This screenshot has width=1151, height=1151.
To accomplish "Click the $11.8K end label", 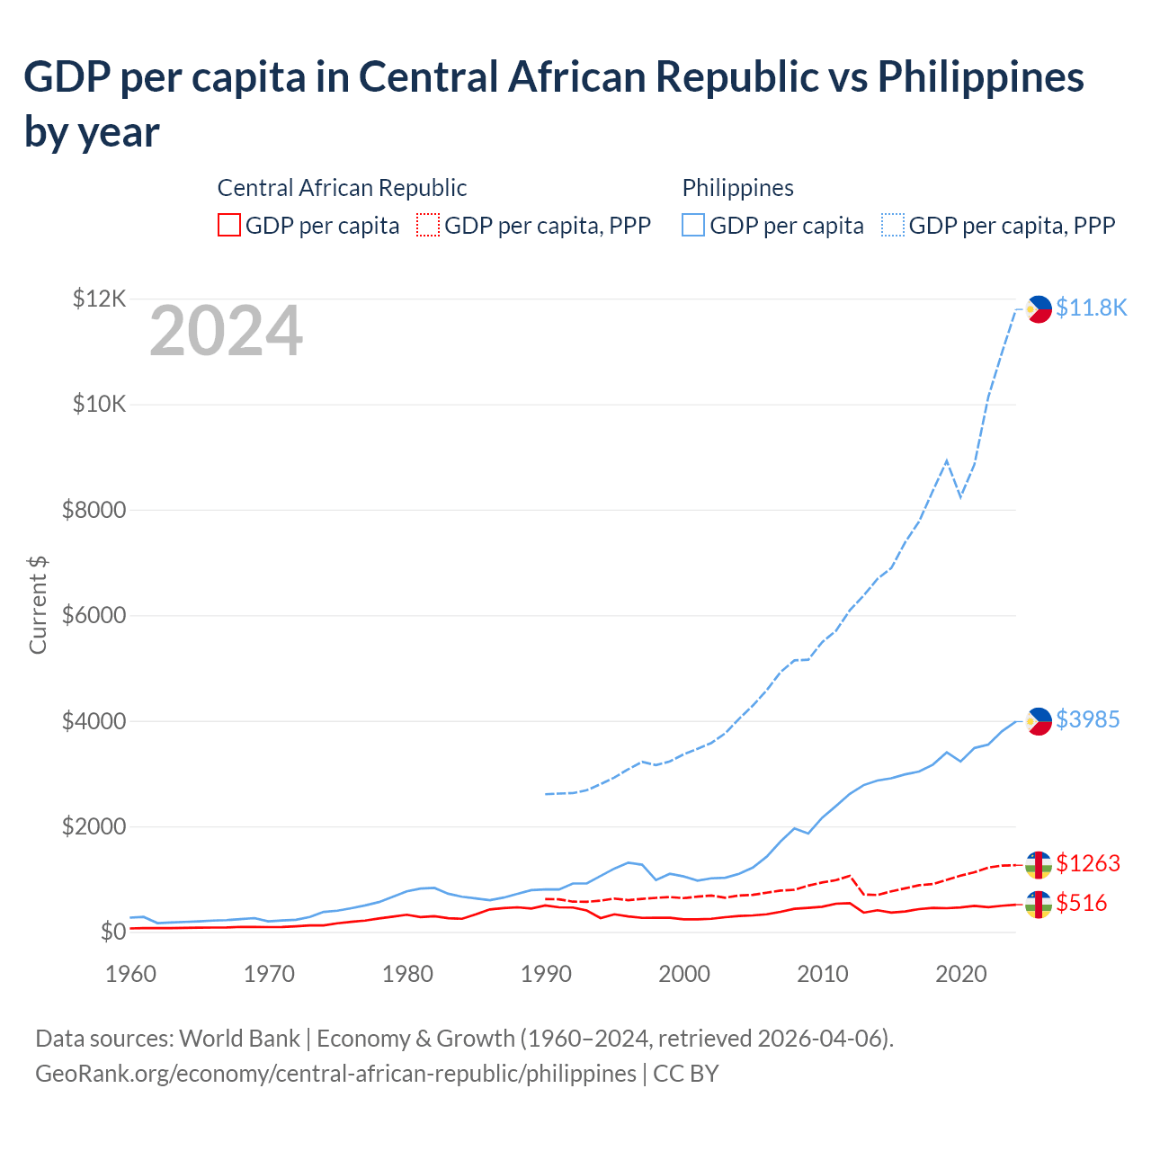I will pyautogui.click(x=1091, y=308).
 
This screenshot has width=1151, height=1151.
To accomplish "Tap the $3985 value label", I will pyautogui.click(x=1087, y=719).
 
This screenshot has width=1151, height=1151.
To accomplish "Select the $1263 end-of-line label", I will pyautogui.click(x=1087, y=863).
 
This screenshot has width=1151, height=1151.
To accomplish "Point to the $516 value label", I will pyautogui.click(x=1081, y=903).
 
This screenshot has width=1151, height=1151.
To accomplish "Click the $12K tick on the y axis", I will pyautogui.click(x=99, y=299).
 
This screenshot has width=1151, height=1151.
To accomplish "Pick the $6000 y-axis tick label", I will pyautogui.click(x=94, y=616).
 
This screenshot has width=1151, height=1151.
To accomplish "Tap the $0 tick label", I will pyautogui.click(x=112, y=932).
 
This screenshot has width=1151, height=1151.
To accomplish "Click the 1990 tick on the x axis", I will pyautogui.click(x=546, y=974).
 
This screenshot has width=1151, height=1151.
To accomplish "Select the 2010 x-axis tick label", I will pyautogui.click(x=823, y=974).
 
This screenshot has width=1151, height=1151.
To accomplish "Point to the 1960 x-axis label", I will pyautogui.click(x=131, y=974).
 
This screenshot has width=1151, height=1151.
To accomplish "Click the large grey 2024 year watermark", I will pyautogui.click(x=226, y=332).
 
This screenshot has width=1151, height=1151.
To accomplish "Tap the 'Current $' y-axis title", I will pyautogui.click(x=38, y=604).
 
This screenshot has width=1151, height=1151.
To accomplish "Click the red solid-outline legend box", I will pyautogui.click(x=229, y=225).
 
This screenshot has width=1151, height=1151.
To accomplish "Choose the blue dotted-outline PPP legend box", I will pyautogui.click(x=893, y=225).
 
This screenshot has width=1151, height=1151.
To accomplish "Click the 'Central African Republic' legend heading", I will pyautogui.click(x=342, y=188).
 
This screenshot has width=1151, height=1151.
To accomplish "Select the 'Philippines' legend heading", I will pyautogui.click(x=737, y=188).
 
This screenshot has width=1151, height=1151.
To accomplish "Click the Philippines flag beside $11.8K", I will pyautogui.click(x=1038, y=308).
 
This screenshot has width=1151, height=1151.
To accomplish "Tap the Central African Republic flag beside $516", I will pyautogui.click(x=1038, y=904).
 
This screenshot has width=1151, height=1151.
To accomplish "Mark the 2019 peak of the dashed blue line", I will pyautogui.click(x=946, y=460).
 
